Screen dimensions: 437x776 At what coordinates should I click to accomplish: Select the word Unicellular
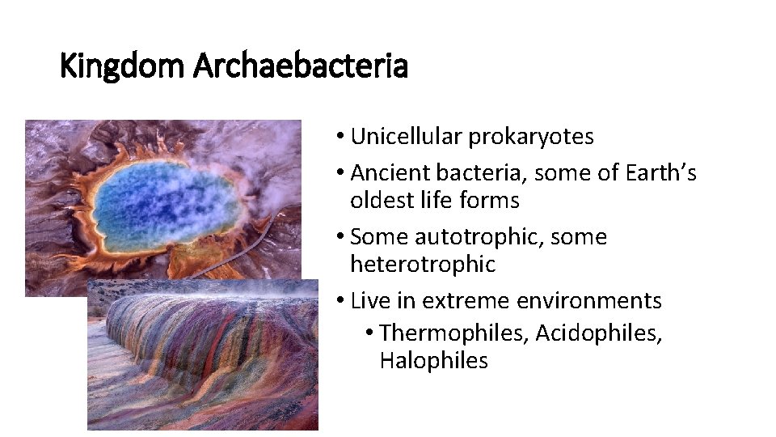pos(407,137)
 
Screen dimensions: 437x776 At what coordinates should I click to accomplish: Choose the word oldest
pos(383,200)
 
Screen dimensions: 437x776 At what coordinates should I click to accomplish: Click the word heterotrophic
pos(423,264)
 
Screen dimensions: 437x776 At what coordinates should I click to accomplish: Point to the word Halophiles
pos(433,360)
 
